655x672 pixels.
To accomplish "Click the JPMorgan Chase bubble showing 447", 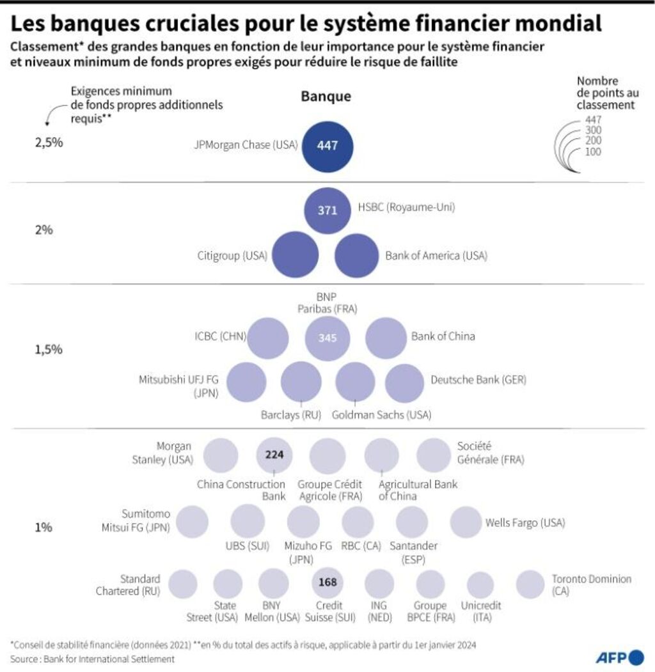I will point(327,145).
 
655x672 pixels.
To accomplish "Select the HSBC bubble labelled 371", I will point(327,210).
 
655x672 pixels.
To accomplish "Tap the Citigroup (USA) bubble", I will point(293,256).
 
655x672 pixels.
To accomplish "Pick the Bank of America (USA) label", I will point(436,256).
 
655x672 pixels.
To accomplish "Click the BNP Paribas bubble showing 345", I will point(327,338).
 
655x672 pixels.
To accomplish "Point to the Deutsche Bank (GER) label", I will point(478,380).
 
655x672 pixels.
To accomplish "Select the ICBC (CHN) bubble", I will point(268,338).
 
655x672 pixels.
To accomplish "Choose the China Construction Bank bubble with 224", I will point(274,456).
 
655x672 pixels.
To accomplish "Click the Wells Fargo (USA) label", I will point(525,523).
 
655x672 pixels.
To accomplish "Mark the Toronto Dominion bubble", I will point(529,584).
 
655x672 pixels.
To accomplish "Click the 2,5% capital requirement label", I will point(49,143).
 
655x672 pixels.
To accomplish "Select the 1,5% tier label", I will point(49,350).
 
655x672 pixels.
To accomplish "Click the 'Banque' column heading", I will point(326,97).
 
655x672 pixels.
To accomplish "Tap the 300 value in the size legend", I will point(593,130).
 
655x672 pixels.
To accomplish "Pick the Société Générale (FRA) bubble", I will point(434,455).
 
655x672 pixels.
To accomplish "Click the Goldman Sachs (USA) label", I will point(381,414).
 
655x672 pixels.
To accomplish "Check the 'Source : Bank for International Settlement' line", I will point(92,659).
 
